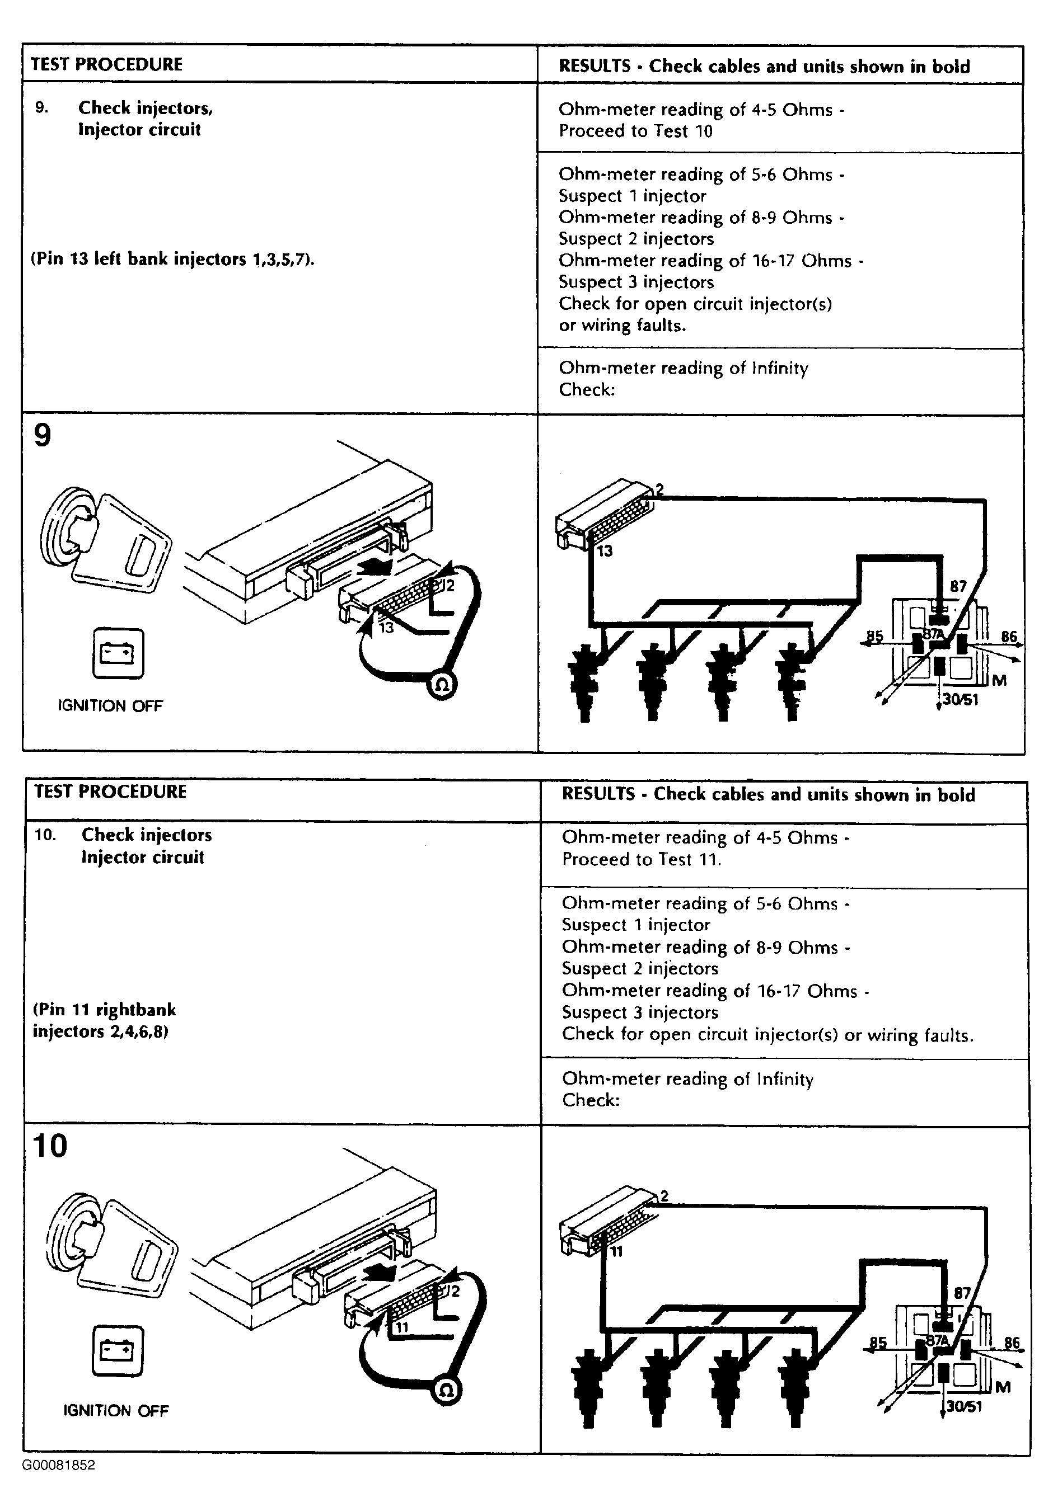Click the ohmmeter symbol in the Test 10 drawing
pos(446,1391)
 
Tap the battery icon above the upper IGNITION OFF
pos(119,653)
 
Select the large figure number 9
pos(42,436)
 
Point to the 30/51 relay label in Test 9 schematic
pos(961,699)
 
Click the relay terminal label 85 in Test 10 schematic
pos(878,1342)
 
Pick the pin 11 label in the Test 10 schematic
pos(616,1251)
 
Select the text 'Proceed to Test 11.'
pos(641,859)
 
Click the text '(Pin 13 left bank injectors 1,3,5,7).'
pos(172,260)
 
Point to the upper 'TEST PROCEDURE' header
pos(107,64)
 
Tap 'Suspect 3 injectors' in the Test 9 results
pos(636,282)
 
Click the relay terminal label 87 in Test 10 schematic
pos(962,1292)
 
